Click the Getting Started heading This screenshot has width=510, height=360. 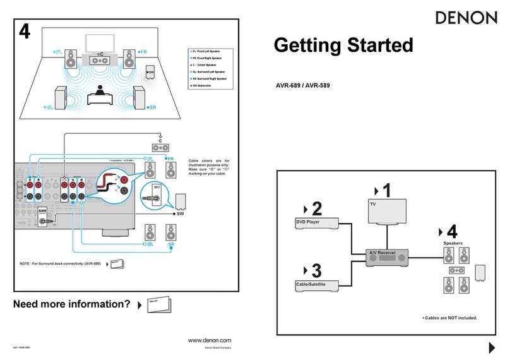(x=343, y=46)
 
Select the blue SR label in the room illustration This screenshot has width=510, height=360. (x=151, y=108)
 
